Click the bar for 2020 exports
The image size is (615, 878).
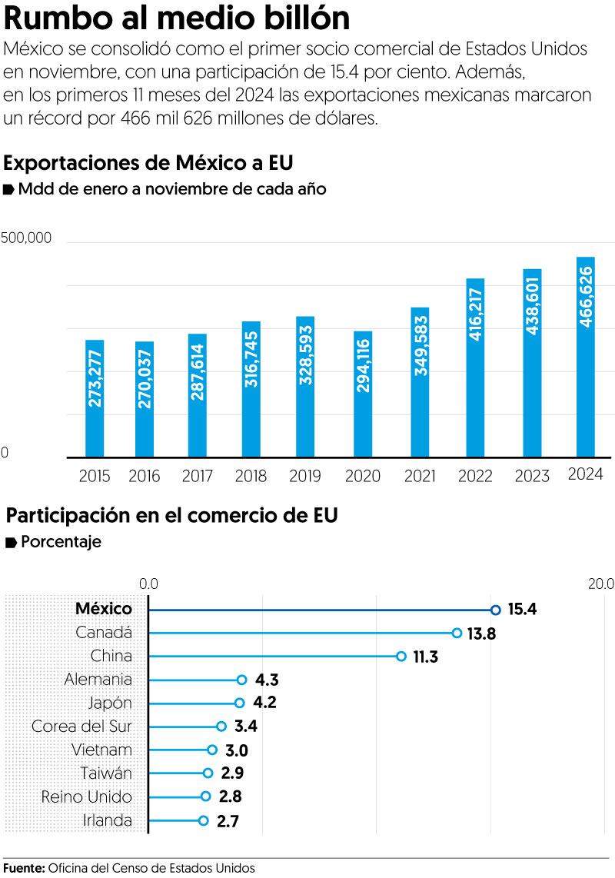(x=363, y=394)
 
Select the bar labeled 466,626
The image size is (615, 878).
(x=585, y=357)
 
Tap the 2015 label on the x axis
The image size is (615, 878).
(x=95, y=476)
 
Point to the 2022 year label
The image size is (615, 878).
(x=475, y=476)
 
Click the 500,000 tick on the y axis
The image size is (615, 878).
(x=26, y=238)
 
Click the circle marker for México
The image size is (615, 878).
(x=495, y=610)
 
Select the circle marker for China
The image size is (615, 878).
(x=401, y=657)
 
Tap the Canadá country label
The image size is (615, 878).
(x=105, y=633)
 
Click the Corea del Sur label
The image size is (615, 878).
(x=81, y=727)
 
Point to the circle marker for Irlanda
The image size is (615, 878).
(x=204, y=820)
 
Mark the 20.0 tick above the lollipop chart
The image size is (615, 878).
(x=600, y=584)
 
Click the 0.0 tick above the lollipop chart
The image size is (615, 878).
(x=148, y=584)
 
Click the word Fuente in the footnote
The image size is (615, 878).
(x=23, y=868)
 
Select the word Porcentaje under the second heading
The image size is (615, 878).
(x=61, y=542)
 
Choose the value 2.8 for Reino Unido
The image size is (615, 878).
(x=230, y=797)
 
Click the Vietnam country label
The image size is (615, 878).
(x=101, y=750)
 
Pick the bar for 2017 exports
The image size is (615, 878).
(x=197, y=395)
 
